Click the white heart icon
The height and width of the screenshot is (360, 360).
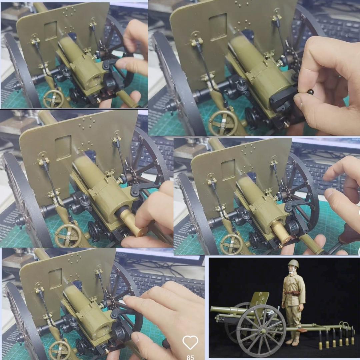point(190,342)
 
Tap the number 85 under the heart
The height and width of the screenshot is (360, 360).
point(190,357)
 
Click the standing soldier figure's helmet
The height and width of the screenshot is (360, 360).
point(293,264)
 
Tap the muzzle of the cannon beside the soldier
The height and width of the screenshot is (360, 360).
point(212,309)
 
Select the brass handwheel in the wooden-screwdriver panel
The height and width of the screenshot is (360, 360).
point(231,244)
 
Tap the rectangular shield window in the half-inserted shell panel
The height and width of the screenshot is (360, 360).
point(63,147)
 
